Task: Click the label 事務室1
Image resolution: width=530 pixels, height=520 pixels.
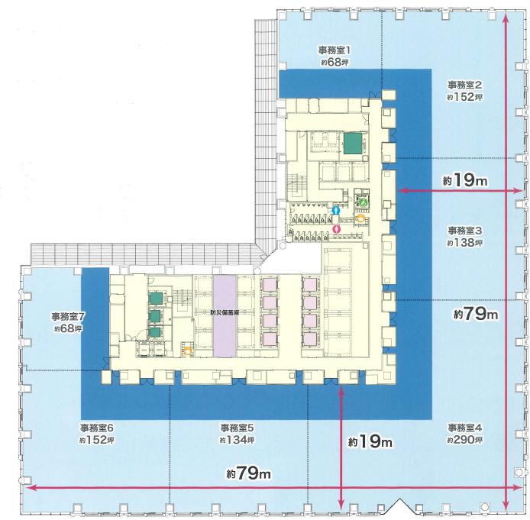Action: pyautogui.click(x=334, y=51)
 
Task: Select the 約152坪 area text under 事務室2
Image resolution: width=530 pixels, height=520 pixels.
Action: pyautogui.click(x=464, y=97)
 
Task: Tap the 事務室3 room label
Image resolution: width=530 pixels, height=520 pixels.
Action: pyautogui.click(x=465, y=231)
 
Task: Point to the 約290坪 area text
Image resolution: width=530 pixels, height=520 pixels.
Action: pyautogui.click(x=464, y=440)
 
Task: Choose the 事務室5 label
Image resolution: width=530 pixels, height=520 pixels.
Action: pyautogui.click(x=237, y=428)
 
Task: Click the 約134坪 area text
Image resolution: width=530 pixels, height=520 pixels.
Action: pyautogui.click(x=237, y=440)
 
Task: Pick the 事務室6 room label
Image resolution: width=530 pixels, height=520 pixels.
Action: pyautogui.click(x=97, y=428)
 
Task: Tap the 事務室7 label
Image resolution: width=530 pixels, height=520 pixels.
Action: pyautogui.click(x=67, y=317)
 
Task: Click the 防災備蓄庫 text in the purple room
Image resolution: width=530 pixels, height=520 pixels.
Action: pyautogui.click(x=225, y=313)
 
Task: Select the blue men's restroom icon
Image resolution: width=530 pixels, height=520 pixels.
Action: pyautogui.click(x=335, y=210)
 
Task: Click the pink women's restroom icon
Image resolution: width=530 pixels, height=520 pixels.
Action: pyautogui.click(x=337, y=229)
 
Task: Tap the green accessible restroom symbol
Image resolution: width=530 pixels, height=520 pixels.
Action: pyautogui.click(x=363, y=202)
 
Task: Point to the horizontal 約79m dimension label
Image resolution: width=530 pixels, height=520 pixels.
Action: pyautogui.click(x=248, y=473)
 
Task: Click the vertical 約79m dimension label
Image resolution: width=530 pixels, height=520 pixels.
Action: pyautogui.click(x=476, y=315)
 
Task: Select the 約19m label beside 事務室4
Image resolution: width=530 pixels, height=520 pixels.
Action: pyautogui.click(x=370, y=441)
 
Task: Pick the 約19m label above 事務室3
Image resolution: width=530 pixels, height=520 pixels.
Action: pyautogui.click(x=465, y=180)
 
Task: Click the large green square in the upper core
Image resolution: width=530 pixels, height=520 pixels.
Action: pyautogui.click(x=354, y=143)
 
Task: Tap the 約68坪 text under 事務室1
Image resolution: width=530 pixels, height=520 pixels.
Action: pyautogui.click(x=334, y=62)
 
